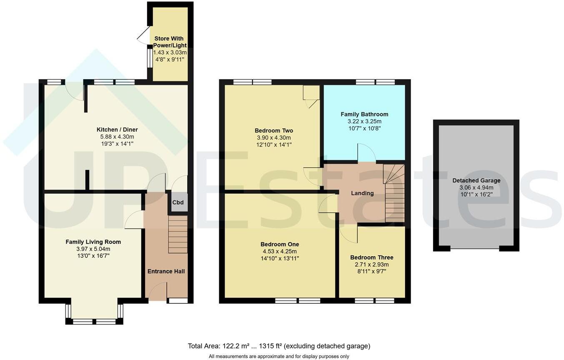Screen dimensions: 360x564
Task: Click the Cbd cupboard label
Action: click(x=178, y=202)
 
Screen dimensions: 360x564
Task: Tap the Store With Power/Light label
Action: click(x=170, y=42)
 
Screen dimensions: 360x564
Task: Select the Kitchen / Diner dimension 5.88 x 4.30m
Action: click(x=117, y=137)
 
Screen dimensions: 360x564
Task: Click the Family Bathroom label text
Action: click(x=364, y=114)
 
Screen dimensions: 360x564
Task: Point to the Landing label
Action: click(x=362, y=193)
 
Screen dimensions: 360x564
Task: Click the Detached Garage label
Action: click(x=476, y=180)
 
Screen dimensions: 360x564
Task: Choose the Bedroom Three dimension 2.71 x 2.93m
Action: click(x=371, y=265)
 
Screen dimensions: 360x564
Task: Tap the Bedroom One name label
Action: click(x=280, y=244)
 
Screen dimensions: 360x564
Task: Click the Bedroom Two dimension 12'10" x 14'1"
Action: click(x=273, y=145)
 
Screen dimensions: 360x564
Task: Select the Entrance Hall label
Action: click(x=166, y=271)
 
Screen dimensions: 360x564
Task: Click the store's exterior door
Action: click(x=143, y=35)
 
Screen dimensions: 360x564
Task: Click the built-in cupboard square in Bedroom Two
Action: click(x=311, y=92)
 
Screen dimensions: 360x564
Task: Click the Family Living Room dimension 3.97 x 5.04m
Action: click(x=93, y=249)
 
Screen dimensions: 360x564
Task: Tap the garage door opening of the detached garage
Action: click(x=475, y=249)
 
